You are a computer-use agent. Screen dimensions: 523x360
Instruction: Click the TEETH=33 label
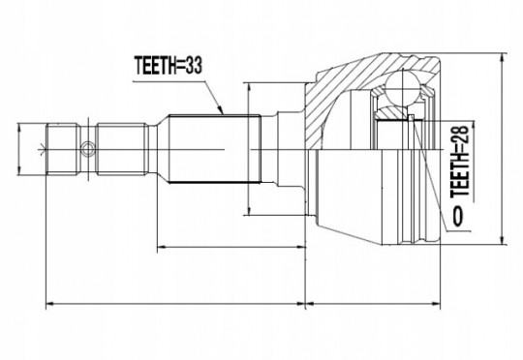pos(169,65)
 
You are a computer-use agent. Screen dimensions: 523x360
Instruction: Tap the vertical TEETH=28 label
pos(460,162)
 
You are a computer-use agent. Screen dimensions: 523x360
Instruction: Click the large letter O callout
pos(458,217)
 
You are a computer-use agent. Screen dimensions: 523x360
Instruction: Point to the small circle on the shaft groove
pos(88,149)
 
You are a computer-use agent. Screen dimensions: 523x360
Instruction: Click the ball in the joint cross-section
pos(403,88)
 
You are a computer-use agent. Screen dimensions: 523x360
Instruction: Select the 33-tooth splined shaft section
pos(215,149)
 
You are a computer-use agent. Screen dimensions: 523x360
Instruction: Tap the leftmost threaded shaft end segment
pos(63,149)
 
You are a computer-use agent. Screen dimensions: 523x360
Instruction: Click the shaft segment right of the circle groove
pos(122,149)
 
